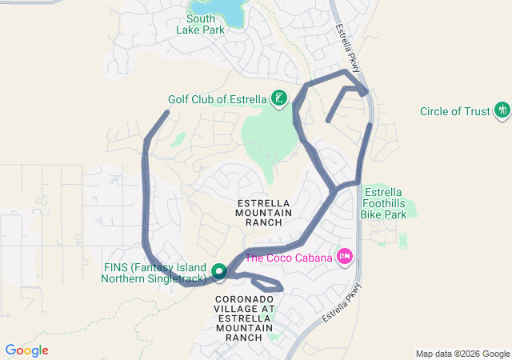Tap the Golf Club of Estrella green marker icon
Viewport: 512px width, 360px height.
coord(279,99)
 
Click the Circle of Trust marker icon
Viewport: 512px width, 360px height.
coord(502,110)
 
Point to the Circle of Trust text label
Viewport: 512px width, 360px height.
coord(454,111)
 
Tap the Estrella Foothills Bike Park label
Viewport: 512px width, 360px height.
coord(386,202)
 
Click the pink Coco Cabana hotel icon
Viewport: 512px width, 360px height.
coord(345,256)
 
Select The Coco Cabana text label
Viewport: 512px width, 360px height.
coord(290,257)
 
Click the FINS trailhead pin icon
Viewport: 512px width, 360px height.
coord(219,272)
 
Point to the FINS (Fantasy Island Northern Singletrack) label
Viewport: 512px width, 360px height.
coord(156,273)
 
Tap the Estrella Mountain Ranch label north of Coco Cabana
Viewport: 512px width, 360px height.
coord(263,212)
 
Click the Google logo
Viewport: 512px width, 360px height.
coord(26,350)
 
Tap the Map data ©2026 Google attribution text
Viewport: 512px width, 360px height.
coord(462,354)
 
